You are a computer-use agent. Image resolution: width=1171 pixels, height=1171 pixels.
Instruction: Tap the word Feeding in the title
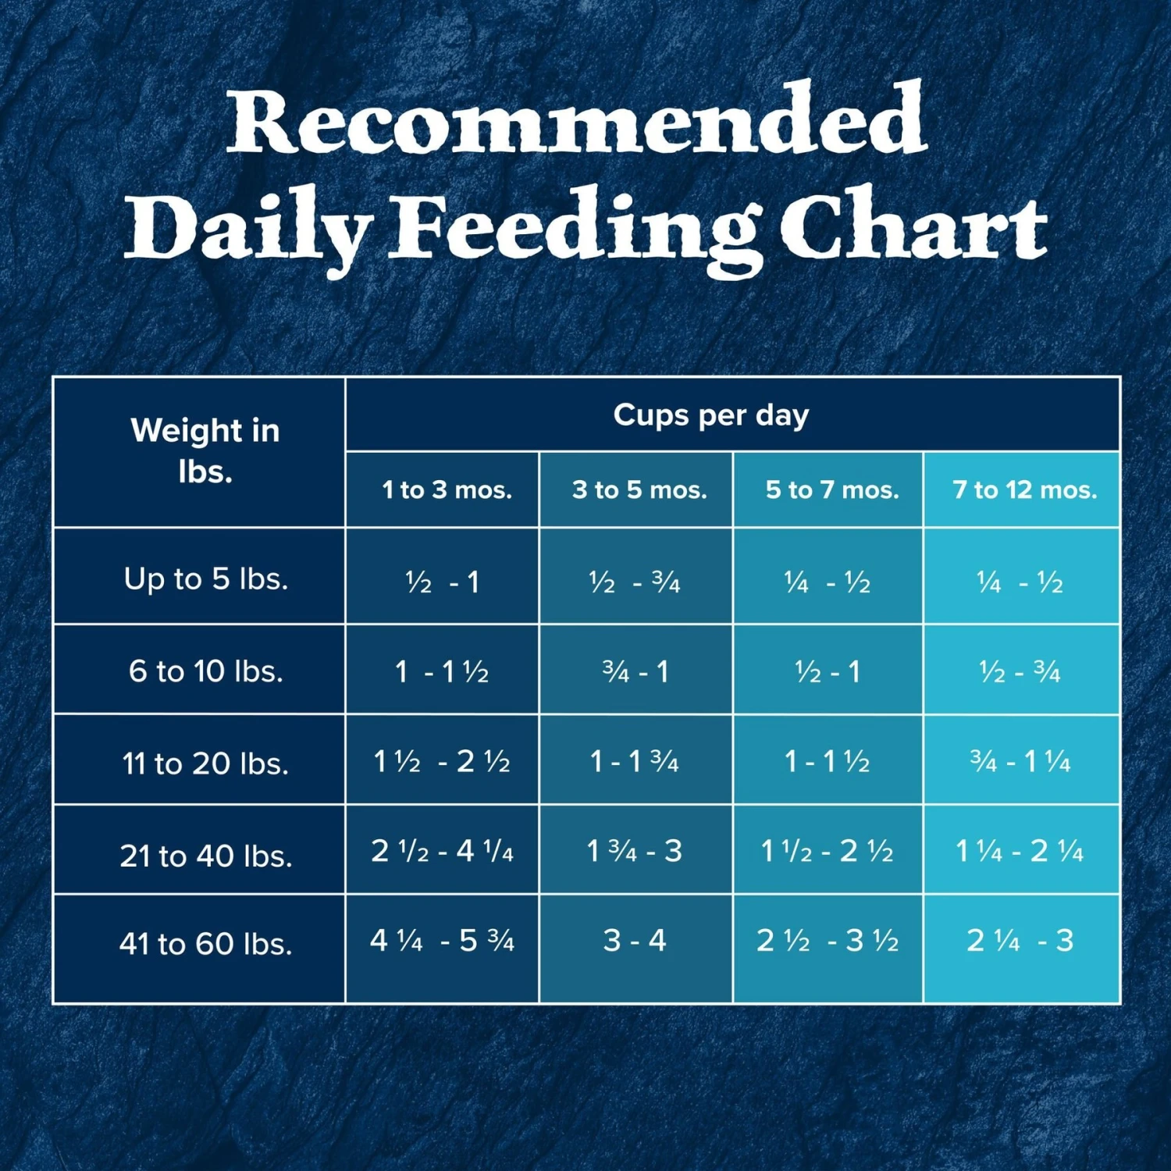coord(576,229)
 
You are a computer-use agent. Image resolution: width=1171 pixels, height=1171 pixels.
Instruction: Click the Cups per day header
coord(710,415)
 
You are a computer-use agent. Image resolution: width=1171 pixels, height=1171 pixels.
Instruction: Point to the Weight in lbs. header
coord(205,451)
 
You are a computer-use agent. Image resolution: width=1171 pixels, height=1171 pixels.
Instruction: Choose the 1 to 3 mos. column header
coord(447,490)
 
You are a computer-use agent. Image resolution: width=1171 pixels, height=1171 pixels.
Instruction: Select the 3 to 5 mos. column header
coord(639,490)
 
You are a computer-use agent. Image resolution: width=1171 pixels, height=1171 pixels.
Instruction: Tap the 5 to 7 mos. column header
coord(831,490)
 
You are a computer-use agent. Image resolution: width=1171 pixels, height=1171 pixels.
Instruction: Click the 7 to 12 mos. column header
coord(1024,490)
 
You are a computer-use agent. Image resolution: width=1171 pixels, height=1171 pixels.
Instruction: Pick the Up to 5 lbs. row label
coord(205,579)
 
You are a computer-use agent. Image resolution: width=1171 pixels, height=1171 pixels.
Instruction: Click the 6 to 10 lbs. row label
coord(205,671)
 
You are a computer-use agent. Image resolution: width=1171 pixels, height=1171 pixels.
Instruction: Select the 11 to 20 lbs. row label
coord(205,763)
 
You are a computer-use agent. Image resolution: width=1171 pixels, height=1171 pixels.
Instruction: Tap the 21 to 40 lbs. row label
coord(205,856)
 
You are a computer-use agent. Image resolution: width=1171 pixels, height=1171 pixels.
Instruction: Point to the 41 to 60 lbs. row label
coord(205,944)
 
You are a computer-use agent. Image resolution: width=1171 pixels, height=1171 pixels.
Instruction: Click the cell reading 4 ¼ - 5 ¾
coord(442,941)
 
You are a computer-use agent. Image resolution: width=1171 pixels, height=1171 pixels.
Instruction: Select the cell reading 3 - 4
coord(635,941)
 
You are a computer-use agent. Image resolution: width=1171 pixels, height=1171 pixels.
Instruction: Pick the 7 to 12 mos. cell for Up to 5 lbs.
coord(1020,582)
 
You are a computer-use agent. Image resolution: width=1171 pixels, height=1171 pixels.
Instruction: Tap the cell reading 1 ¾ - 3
coord(635,851)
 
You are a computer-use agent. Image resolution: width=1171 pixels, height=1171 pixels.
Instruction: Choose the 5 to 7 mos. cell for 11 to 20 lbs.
coord(827,761)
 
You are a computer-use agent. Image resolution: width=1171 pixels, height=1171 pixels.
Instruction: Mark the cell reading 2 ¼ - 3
coord(1020,941)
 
